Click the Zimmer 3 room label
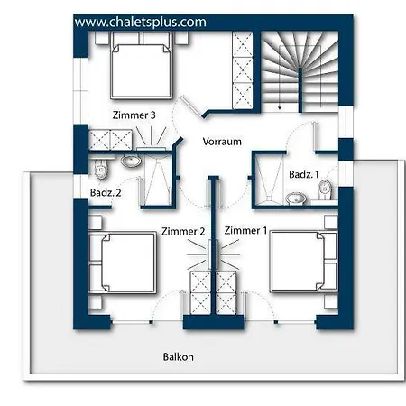[134, 115]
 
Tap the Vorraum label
[222, 142]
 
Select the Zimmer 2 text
[183, 231]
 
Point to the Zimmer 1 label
[245, 231]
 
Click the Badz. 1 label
[304, 174]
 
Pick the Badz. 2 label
[106, 192]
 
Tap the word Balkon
[179, 357]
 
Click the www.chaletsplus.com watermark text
[140, 23]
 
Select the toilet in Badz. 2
[101, 169]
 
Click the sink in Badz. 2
[131, 161]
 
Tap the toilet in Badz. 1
[325, 190]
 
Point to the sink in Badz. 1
[296, 198]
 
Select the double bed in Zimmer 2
[123, 263]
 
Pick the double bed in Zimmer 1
[304, 262]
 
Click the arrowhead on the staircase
[280, 107]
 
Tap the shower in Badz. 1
[270, 180]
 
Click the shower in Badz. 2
[158, 180]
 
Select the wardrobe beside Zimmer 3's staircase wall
[243, 69]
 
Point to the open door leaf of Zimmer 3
[189, 106]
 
